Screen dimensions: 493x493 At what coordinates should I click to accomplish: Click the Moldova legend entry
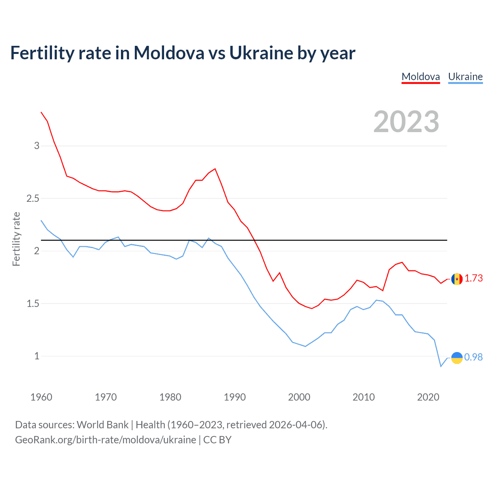[421, 77]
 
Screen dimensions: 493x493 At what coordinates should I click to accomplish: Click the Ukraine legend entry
[465, 77]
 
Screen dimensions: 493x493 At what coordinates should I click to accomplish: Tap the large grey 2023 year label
[406, 122]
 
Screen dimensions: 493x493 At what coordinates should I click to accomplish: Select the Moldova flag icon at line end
[457, 279]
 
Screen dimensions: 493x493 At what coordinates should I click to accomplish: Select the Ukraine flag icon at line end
[457, 358]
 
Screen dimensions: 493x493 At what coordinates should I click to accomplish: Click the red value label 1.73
[473, 278]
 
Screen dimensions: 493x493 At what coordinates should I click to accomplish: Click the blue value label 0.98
[473, 357]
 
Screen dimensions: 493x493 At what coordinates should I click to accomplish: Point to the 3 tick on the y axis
[37, 146]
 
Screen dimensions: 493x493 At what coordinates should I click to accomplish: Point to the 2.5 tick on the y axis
[33, 198]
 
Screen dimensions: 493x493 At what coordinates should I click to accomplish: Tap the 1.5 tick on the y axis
[33, 304]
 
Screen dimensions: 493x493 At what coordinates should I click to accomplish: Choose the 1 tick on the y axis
[37, 356]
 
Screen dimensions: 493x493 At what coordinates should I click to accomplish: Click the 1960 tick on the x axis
[41, 397]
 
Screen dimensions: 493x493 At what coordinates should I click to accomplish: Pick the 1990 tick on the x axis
[235, 397]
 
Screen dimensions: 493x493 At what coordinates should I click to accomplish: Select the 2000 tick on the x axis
[299, 397]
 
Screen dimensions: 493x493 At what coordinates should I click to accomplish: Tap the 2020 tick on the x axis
[428, 397]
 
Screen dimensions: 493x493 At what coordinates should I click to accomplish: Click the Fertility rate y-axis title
[16, 239]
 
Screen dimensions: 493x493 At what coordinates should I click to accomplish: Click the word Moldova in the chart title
[169, 53]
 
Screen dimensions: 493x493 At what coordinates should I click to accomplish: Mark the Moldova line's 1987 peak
[215, 169]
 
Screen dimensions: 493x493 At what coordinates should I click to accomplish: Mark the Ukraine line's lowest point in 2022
[441, 366]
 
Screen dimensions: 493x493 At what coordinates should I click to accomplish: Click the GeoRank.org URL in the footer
[106, 440]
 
